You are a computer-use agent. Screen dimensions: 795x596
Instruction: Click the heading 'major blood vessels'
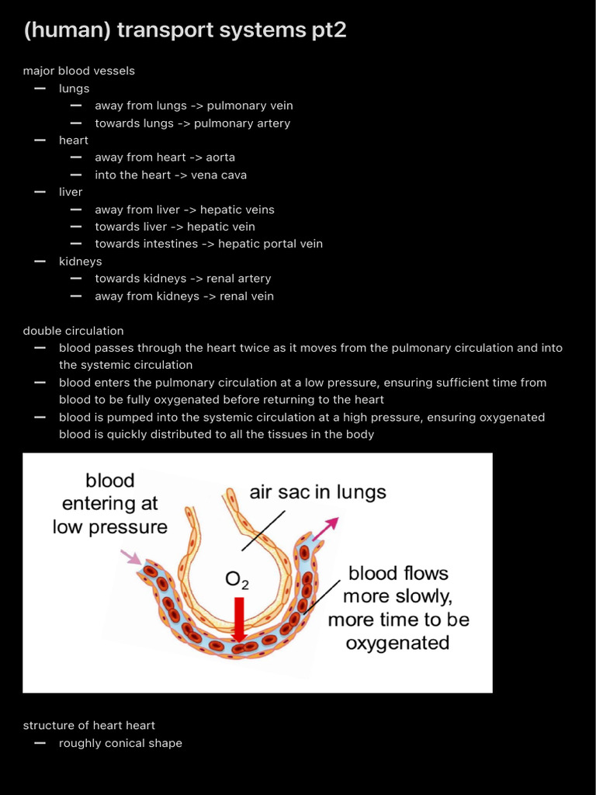coord(79,71)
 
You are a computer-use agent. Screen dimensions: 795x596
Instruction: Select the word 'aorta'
coord(220,158)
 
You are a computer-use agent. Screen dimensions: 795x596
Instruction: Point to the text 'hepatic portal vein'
coord(270,244)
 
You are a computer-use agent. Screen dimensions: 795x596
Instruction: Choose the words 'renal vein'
coord(247,296)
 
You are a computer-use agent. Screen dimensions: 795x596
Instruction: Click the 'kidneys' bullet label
coord(80,261)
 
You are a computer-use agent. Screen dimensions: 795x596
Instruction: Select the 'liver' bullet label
coord(71,192)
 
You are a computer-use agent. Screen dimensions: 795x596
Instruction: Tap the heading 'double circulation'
coord(73,331)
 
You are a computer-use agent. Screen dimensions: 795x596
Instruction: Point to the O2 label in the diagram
coord(237,580)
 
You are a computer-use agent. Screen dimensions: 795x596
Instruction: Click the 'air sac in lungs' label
coord(317,492)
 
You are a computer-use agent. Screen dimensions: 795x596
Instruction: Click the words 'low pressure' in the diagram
coord(110,527)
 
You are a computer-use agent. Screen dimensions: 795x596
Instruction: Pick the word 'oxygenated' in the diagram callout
coord(397,643)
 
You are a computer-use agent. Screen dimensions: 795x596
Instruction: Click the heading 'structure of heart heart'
coord(89,725)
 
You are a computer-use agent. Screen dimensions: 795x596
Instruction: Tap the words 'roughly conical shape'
coord(120,743)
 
